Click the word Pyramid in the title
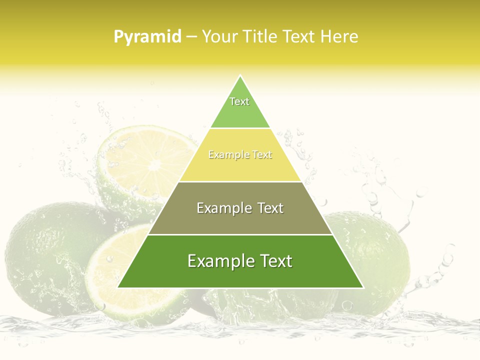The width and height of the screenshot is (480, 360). [x=147, y=37]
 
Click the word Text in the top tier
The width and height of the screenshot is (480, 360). [x=239, y=101]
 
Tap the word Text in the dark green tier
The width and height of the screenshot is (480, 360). [x=273, y=261]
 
